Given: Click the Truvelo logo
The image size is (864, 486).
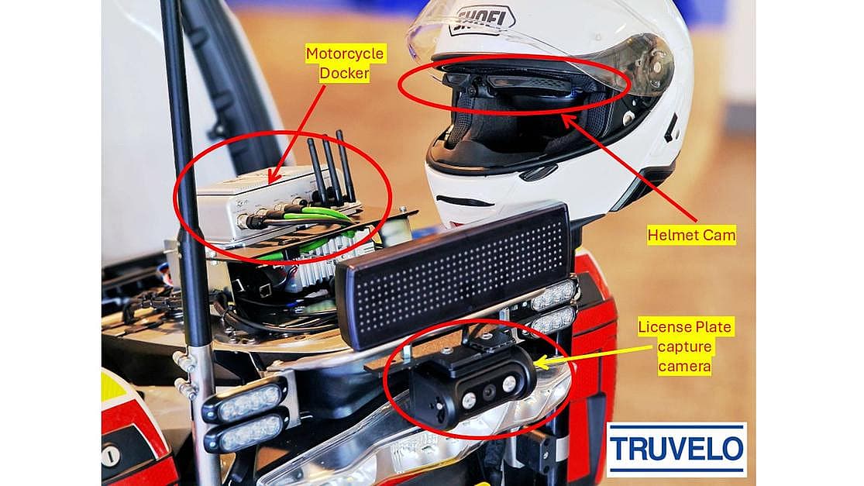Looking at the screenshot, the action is (676, 449).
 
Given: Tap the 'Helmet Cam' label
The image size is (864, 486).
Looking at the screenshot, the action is (691, 236).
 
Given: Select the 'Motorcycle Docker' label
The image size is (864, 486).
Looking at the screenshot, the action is (345, 64).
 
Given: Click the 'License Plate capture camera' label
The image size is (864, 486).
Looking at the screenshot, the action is (685, 346).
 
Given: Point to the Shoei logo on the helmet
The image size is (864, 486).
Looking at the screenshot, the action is (483, 20).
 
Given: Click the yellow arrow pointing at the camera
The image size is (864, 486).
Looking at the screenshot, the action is (592, 356).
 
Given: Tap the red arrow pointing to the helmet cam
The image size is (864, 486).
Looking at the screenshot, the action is (630, 168).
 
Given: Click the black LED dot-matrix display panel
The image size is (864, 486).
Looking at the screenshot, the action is (453, 274).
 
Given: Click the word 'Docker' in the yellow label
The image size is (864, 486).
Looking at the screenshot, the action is (344, 74).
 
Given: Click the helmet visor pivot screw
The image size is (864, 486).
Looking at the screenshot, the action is (656, 67).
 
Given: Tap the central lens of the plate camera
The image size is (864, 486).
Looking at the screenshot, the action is (489, 391).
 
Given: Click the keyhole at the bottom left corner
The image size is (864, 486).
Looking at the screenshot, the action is (110, 455).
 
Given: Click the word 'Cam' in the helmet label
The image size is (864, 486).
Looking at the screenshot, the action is (718, 236).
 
